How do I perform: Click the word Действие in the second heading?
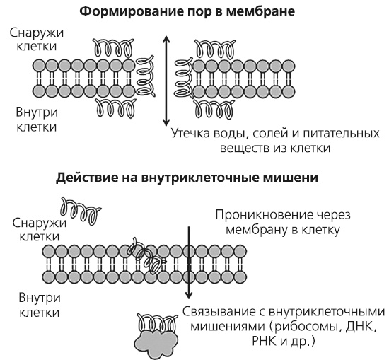[84, 178]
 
